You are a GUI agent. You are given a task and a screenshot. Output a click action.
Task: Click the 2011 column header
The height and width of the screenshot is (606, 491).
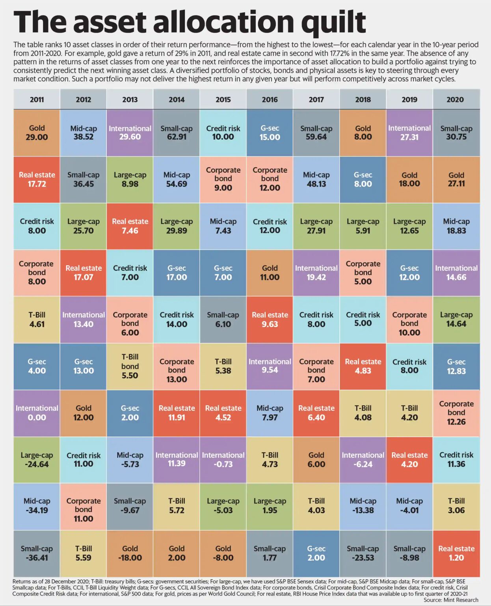[37, 99]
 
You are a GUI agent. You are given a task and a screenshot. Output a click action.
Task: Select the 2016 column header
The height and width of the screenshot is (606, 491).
[270, 99]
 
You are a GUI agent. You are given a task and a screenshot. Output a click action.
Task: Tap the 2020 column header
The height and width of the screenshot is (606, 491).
[456, 99]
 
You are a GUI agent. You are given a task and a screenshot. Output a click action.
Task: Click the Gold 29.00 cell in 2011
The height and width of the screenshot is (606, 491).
[37, 133]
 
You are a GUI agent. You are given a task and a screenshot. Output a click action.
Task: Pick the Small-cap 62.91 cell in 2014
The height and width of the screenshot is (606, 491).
[177, 133]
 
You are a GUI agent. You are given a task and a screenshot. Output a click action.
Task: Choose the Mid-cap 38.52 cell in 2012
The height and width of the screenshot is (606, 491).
[83, 133]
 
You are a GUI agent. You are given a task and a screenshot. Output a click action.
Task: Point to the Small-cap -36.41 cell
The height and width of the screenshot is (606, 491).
[37, 553]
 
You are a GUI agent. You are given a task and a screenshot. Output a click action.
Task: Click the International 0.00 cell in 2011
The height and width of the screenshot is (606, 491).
[37, 413]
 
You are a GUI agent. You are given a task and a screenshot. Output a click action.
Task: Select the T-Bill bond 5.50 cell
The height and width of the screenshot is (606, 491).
[130, 366]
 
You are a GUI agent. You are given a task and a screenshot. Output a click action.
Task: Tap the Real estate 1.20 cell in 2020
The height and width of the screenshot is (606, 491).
[456, 553]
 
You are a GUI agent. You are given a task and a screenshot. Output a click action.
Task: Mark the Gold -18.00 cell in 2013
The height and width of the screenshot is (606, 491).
[130, 553]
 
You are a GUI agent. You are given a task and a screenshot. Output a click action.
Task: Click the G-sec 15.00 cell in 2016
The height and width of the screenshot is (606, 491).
[270, 133]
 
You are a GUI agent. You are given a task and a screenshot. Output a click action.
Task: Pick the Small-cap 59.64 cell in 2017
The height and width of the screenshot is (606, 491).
[316, 133]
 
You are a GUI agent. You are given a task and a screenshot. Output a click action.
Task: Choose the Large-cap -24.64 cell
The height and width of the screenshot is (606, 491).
[37, 460]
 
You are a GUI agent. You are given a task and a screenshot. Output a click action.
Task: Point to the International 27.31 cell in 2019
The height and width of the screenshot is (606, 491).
[409, 133]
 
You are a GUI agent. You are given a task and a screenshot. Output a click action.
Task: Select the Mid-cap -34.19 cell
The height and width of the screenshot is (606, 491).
[37, 506]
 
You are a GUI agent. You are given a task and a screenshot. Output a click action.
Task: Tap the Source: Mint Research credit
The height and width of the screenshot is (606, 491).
[450, 600]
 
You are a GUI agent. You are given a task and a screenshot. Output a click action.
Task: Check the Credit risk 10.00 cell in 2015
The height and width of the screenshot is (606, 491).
[223, 133]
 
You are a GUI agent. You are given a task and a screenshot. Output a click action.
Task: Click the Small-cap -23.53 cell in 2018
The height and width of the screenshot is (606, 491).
[363, 553]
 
